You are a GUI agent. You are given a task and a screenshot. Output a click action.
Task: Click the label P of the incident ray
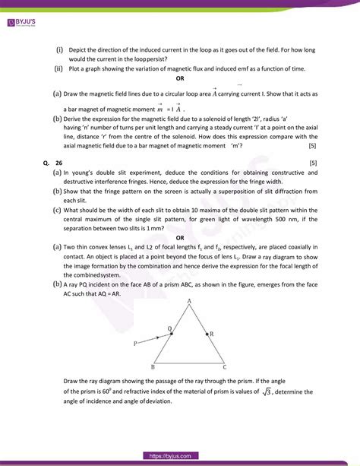click(x=134, y=344)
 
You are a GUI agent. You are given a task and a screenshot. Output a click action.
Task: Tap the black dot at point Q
click(x=171, y=333)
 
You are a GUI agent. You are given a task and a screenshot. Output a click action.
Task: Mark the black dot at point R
click(x=206, y=333)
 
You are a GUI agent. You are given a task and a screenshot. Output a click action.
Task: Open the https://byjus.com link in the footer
click(x=180, y=456)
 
